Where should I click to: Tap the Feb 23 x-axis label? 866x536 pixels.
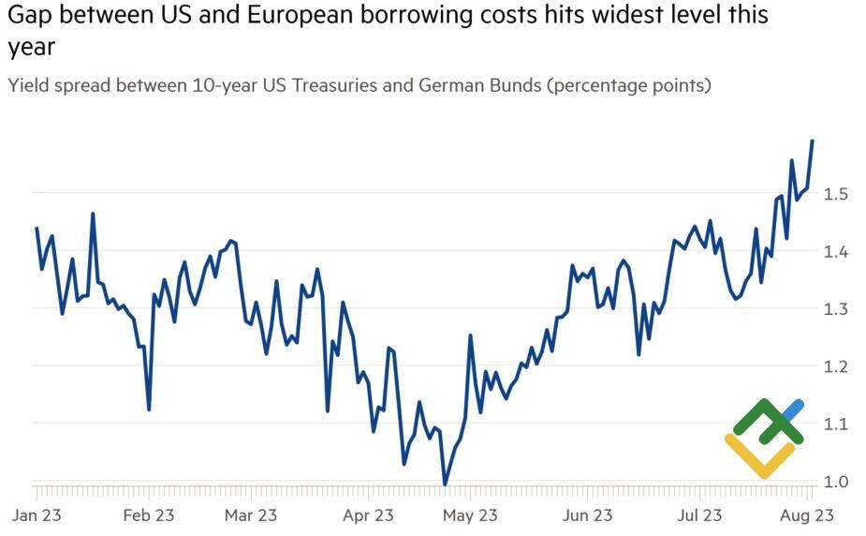point(149,514)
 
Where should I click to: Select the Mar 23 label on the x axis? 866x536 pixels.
point(252,514)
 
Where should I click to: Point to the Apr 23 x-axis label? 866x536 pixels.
point(369,514)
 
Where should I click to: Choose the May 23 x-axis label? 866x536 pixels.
point(471,514)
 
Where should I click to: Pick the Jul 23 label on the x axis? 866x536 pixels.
point(699,514)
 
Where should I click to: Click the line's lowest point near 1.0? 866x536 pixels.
point(445,484)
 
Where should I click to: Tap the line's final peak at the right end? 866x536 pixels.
point(813,141)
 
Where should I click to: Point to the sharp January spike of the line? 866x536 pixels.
point(93,215)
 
